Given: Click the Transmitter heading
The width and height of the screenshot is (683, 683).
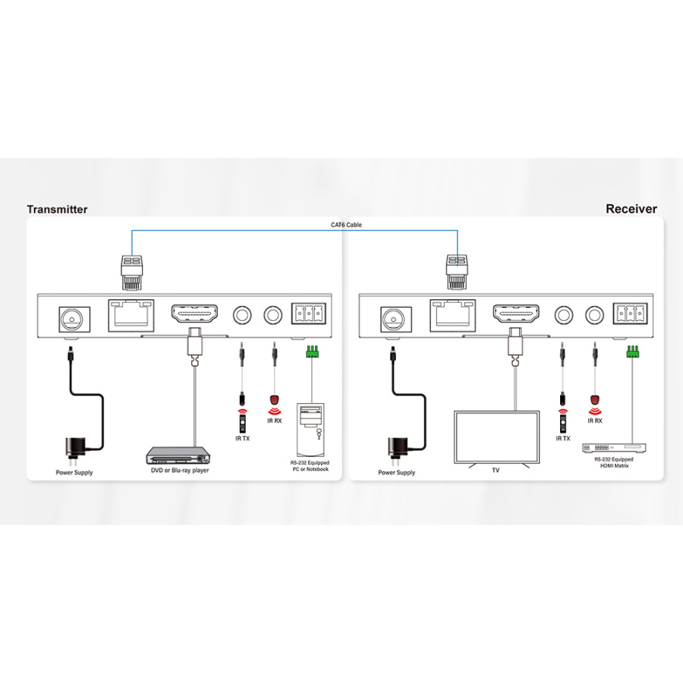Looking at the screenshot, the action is [x=57, y=209].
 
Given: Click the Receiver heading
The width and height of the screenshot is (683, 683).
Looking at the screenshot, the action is [x=631, y=209].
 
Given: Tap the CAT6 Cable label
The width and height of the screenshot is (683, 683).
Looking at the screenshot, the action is [x=346, y=225].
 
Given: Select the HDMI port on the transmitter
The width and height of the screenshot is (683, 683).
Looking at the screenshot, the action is [x=195, y=313].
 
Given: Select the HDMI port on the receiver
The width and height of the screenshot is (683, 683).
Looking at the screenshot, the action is [x=516, y=313].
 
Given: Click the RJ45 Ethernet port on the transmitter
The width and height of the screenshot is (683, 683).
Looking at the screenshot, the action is [x=131, y=316].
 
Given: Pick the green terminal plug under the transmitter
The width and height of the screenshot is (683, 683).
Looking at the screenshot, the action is [x=311, y=352].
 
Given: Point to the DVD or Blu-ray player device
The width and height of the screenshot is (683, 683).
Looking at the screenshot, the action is [x=178, y=455].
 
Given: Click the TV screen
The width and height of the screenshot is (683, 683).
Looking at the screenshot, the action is [x=496, y=438].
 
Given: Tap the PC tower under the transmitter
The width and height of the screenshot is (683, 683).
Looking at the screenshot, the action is [x=310, y=430].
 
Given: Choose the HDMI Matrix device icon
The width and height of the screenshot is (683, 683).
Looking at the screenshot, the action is [x=614, y=448].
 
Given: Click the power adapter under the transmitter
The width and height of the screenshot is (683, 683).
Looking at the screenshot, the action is [x=76, y=447].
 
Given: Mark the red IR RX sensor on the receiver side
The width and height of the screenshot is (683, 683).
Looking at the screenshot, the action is [x=594, y=400].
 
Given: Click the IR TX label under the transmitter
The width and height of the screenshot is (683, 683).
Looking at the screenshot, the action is [x=243, y=439].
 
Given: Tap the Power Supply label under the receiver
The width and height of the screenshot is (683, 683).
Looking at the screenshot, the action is [x=397, y=473].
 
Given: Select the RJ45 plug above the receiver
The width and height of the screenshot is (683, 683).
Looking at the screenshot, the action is [x=458, y=272].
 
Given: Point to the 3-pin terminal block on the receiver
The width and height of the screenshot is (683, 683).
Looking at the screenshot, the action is [x=629, y=313].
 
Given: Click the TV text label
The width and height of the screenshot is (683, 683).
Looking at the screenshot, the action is [x=496, y=471].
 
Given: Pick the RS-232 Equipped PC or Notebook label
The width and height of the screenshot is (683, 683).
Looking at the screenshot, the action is [x=310, y=466].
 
